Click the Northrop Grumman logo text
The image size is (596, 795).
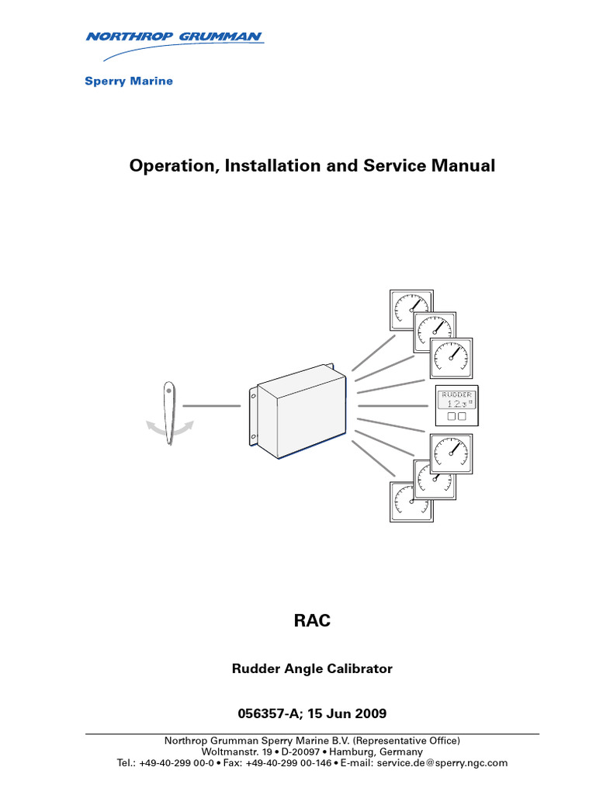pyautogui.click(x=174, y=36)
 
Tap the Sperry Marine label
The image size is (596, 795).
pyautogui.click(x=128, y=82)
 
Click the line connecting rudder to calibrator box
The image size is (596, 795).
pyautogui.click(x=211, y=405)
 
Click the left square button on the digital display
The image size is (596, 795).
pyautogui.click(x=449, y=416)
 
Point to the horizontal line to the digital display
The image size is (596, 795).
pyautogui.click(x=393, y=405)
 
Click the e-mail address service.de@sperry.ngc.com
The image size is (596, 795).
pyautogui.click(x=442, y=763)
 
